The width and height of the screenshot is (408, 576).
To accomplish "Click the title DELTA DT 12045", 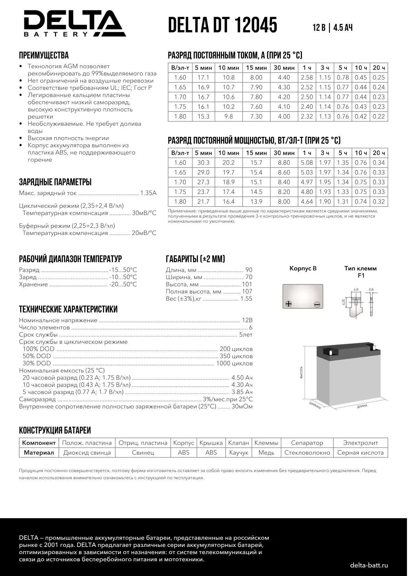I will click(x=222, y=25).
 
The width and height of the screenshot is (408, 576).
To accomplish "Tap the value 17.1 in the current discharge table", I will click(x=203, y=78).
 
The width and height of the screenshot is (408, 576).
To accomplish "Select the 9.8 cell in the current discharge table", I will click(x=229, y=117).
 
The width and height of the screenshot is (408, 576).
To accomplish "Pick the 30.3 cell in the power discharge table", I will click(x=203, y=163).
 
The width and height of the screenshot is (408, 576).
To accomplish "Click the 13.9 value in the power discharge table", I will click(x=256, y=202).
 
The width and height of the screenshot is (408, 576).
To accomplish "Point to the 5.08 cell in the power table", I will click(x=307, y=163).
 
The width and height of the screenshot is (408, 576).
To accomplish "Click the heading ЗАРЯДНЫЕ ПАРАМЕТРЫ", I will click(x=55, y=182).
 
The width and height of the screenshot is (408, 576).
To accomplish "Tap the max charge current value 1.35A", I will click(x=148, y=193).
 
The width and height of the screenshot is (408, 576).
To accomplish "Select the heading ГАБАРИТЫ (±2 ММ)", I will click(x=195, y=259).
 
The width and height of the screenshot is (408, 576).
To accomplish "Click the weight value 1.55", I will click(x=246, y=299).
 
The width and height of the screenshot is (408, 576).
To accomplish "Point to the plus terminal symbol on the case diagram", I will click(x=289, y=303).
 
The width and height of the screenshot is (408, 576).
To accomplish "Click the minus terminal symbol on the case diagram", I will click(x=317, y=304).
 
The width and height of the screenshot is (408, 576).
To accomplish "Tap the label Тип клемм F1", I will click(x=360, y=272).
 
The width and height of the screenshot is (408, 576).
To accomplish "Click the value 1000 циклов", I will click(x=234, y=364).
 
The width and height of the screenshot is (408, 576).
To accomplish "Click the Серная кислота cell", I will click(x=360, y=453).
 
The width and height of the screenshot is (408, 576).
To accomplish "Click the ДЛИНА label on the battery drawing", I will click(x=362, y=406).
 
